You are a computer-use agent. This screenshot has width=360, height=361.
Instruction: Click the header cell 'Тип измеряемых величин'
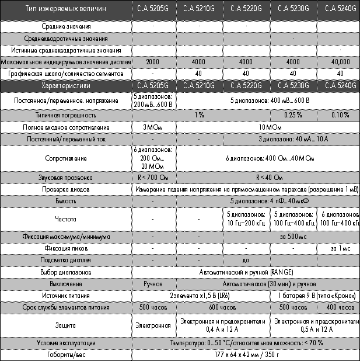point(67,9)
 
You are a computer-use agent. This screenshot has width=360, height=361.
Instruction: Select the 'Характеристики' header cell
point(67,86)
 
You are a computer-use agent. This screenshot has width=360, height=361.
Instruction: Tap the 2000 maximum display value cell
point(152,62)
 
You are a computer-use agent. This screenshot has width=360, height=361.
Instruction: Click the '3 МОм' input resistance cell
point(152,127)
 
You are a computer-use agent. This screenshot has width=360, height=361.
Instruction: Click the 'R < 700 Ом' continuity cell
point(152,177)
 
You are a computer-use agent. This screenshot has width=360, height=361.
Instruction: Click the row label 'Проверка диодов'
point(67,189)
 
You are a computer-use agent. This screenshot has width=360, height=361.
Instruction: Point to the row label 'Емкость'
point(67,201)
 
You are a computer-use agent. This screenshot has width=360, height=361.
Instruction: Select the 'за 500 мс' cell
point(292,237)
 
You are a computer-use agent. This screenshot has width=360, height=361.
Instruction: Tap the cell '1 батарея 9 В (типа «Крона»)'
point(316,296)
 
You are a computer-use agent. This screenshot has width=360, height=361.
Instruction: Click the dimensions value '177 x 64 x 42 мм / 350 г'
point(246,355)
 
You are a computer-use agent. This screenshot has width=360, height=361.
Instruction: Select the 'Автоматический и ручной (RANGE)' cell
point(246,272)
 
